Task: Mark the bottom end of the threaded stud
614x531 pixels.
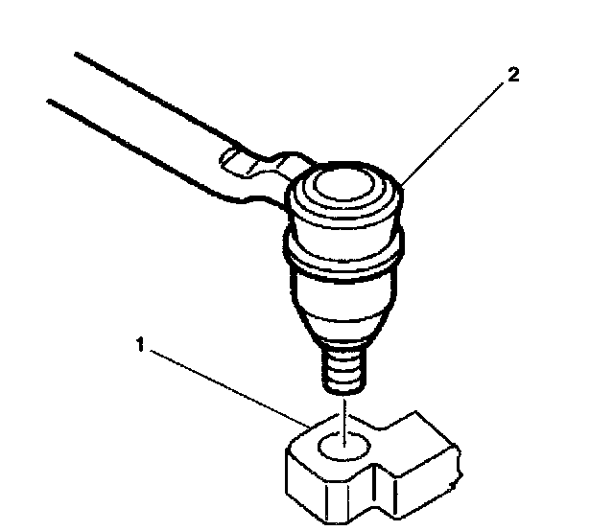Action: click(346, 388)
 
